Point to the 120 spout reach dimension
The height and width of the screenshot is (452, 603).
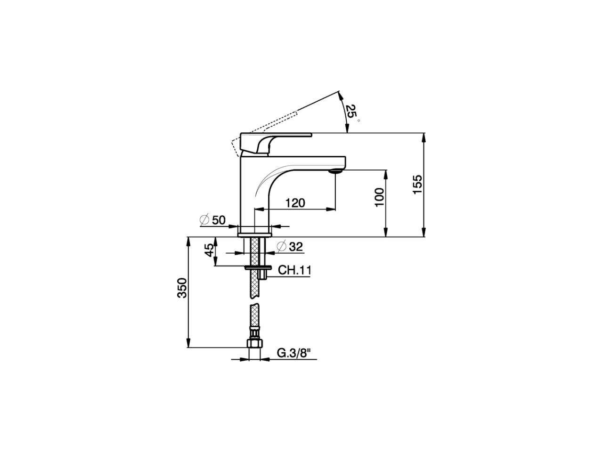click(295, 203)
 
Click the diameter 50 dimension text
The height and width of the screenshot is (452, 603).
click(213, 220)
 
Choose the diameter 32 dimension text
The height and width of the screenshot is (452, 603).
click(290, 246)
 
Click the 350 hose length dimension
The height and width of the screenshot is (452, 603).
click(182, 288)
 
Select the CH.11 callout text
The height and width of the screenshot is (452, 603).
click(294, 270)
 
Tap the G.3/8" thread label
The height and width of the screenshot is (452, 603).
click(294, 353)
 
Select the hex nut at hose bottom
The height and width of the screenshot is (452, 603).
click(255, 343)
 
